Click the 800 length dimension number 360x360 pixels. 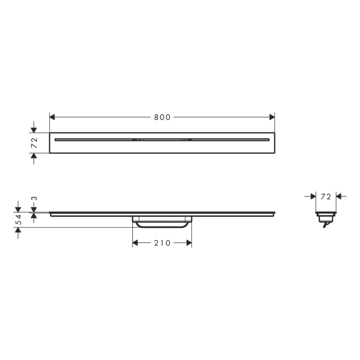point(162,117)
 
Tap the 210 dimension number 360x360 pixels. point(162,243)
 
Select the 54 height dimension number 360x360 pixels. point(19,220)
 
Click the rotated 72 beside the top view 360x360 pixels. point(34,142)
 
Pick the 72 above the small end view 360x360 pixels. point(326,196)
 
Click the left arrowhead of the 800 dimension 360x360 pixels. point(52,117)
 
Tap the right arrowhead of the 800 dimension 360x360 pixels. point(272,117)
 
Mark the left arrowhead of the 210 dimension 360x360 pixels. point(135,243)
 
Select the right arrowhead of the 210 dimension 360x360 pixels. point(189,243)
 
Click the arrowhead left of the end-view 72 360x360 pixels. point(313,196)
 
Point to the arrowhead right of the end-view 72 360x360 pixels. point(339,196)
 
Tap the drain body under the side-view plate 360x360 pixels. point(162,222)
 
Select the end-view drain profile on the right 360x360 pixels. point(326,216)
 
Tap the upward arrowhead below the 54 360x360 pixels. point(19,230)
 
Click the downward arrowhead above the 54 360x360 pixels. point(19,209)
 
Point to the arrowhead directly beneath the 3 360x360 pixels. point(34,215)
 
